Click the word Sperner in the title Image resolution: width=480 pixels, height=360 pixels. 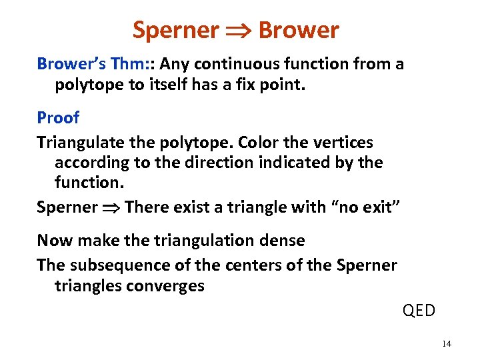pyautogui.click(x=175, y=30)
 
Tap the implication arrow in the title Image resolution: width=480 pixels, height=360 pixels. pyautogui.click(x=238, y=31)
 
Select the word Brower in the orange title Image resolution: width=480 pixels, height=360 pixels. pyautogui.click(x=298, y=30)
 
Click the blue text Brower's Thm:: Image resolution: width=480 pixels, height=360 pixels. pyautogui.click(x=96, y=65)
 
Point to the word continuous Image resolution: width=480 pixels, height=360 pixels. pyautogui.click(x=220, y=65)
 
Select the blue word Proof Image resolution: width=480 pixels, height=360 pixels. pyautogui.click(x=58, y=118)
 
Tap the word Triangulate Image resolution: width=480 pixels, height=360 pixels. pyautogui.click(x=79, y=143)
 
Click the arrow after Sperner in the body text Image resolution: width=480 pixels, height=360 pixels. pyautogui.click(x=111, y=207)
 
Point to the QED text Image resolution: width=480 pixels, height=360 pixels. pyautogui.click(x=419, y=311)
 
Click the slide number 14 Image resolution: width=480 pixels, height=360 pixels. pyautogui.click(x=446, y=343)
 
